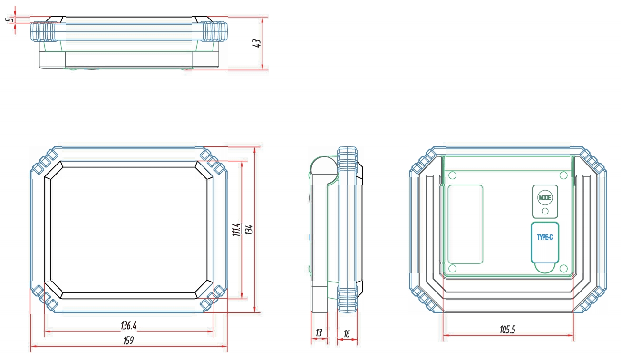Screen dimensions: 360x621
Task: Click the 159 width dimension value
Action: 128,341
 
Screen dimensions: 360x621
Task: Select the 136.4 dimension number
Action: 128,326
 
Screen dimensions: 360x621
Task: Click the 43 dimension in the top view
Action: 256,43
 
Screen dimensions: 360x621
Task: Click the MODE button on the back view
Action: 544,197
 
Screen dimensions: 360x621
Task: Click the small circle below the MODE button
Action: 545,211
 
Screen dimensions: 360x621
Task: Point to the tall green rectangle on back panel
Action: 466,224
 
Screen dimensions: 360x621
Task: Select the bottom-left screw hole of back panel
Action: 452,268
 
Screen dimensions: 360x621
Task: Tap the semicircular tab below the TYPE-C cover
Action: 545,267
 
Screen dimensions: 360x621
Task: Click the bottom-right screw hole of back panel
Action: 563,268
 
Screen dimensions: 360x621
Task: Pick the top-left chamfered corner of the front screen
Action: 54,170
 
